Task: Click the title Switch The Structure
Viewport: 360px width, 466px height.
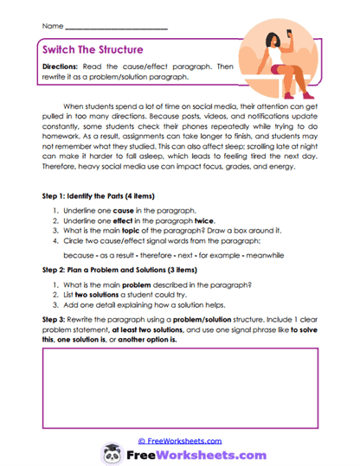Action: tap(93, 50)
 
